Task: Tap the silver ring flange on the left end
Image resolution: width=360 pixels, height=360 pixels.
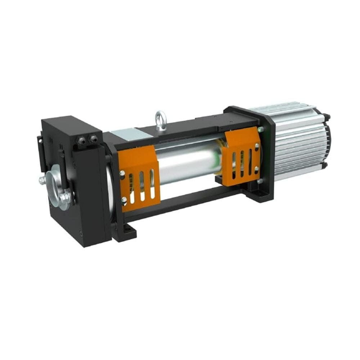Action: (58, 185)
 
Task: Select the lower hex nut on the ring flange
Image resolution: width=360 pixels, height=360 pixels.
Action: (65, 197)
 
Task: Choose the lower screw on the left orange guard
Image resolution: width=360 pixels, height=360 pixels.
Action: (125, 199)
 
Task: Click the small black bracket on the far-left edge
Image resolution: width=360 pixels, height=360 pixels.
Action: (40, 151)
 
